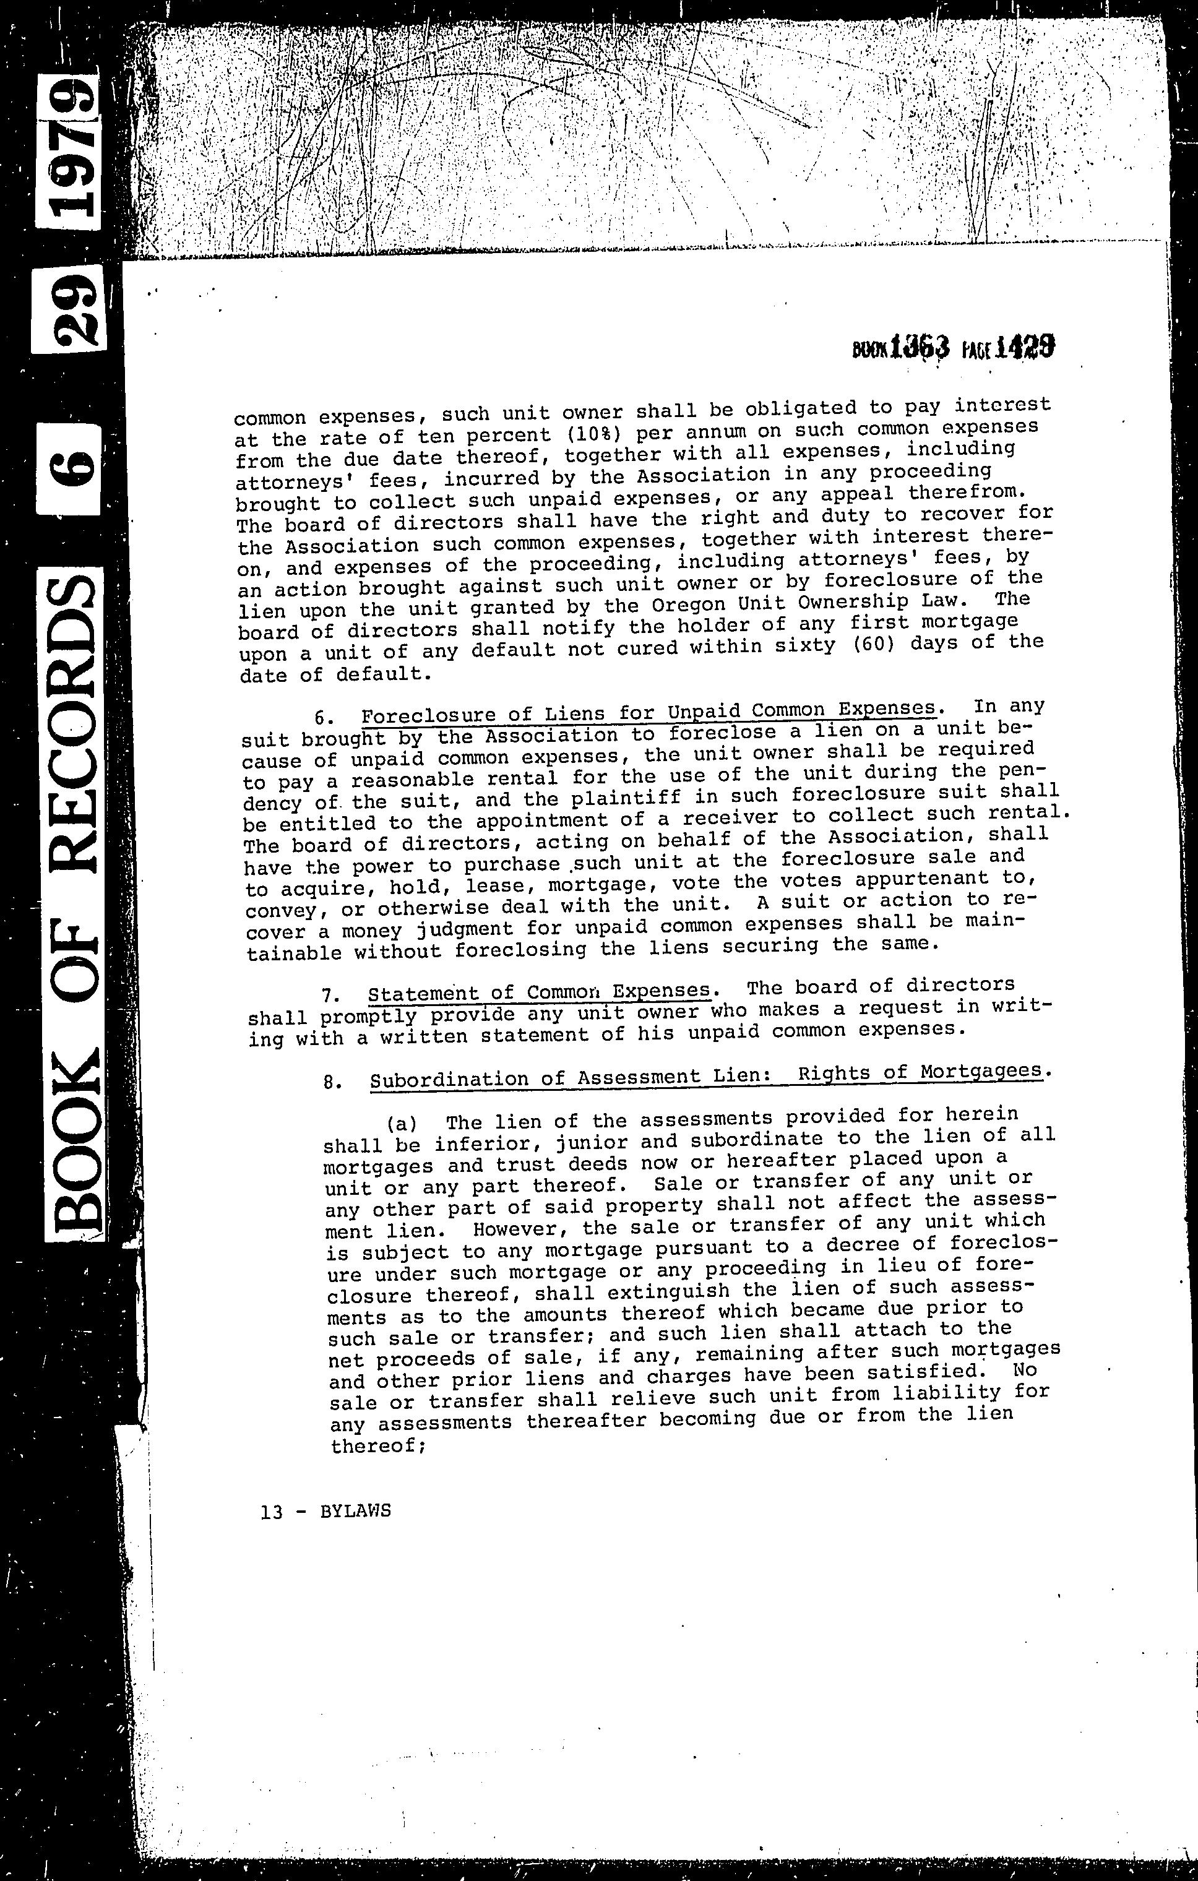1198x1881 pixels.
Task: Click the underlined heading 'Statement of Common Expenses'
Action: (538, 992)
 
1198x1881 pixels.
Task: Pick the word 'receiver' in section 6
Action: (724, 817)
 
